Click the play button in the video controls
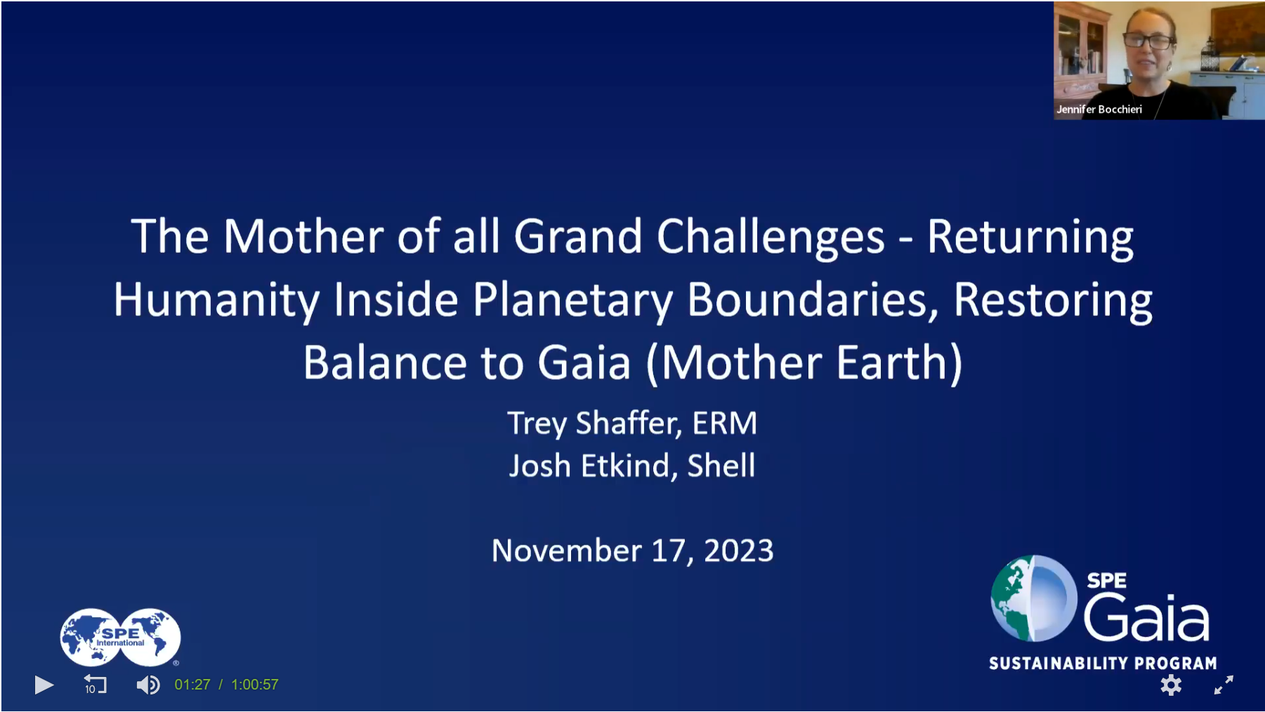(44, 685)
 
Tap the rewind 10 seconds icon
(95, 684)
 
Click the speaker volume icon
(148, 685)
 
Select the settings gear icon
(1171, 685)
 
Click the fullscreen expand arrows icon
(1224, 685)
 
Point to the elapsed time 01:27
(192, 685)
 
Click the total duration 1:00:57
(255, 685)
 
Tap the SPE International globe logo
(120, 638)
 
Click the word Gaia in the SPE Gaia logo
(1146, 617)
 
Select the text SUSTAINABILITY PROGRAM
(1103, 664)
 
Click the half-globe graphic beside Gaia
(1034, 598)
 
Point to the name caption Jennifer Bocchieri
(1099, 110)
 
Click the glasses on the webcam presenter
(1149, 41)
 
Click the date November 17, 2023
(633, 551)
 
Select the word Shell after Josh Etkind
(721, 466)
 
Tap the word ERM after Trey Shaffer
(725, 423)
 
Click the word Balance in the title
(385, 363)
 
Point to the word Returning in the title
(1030, 237)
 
